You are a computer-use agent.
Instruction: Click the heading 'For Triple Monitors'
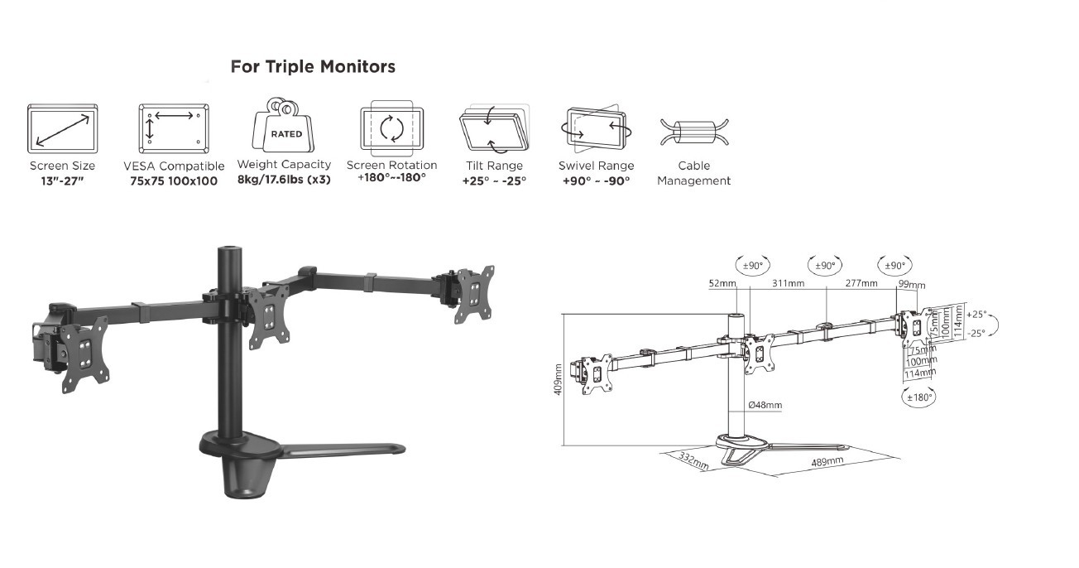click(x=313, y=66)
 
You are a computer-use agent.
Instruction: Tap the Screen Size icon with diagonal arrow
click(x=63, y=128)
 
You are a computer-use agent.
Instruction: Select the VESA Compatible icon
click(x=174, y=128)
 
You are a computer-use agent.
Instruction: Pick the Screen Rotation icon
click(x=392, y=128)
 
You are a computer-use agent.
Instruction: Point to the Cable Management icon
click(x=694, y=132)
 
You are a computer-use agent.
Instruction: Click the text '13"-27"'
click(x=63, y=181)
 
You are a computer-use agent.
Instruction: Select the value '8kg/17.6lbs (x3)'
click(x=284, y=181)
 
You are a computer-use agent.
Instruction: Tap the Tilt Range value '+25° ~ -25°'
click(x=494, y=181)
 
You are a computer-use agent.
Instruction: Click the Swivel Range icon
click(x=597, y=128)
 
